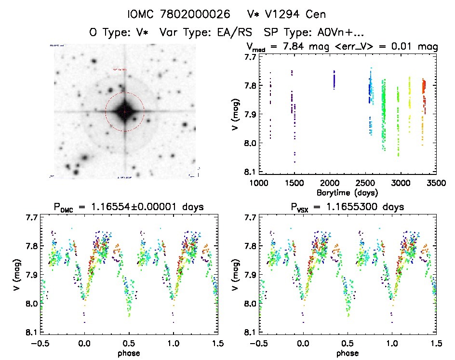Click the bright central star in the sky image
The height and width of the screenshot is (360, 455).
124,111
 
